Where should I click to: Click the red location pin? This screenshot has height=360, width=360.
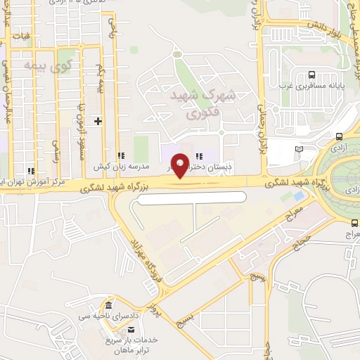coord(180,165)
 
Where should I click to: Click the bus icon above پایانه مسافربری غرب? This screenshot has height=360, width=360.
coord(311,75)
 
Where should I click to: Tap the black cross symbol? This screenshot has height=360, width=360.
coord(98,122)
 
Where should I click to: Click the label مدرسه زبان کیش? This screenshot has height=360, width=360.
coord(120,168)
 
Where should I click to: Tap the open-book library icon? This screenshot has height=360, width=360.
coord(300,149)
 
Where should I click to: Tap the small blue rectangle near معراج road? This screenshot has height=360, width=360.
coord(299,195)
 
